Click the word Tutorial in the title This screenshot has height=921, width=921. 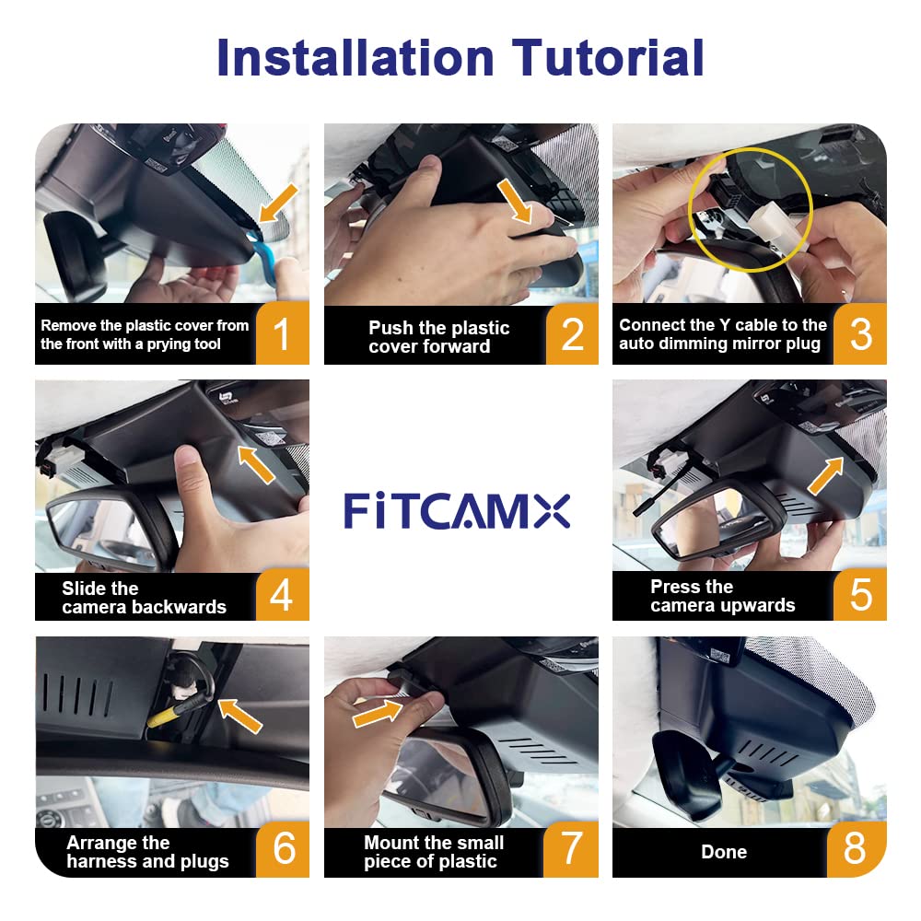[610, 57]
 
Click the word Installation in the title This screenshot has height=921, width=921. [356, 57]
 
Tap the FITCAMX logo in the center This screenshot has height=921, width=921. [457, 510]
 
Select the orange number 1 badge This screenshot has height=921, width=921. [282, 334]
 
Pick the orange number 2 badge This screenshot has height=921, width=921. [572, 334]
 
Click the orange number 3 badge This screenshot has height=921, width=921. [860, 334]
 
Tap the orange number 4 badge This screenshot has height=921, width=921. [282, 595]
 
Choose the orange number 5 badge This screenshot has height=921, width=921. [860, 595]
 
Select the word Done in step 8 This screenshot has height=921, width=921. [724, 852]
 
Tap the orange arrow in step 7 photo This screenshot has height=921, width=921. [379, 711]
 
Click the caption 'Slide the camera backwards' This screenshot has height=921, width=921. [144, 598]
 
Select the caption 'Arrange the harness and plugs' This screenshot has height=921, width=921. [147, 853]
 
